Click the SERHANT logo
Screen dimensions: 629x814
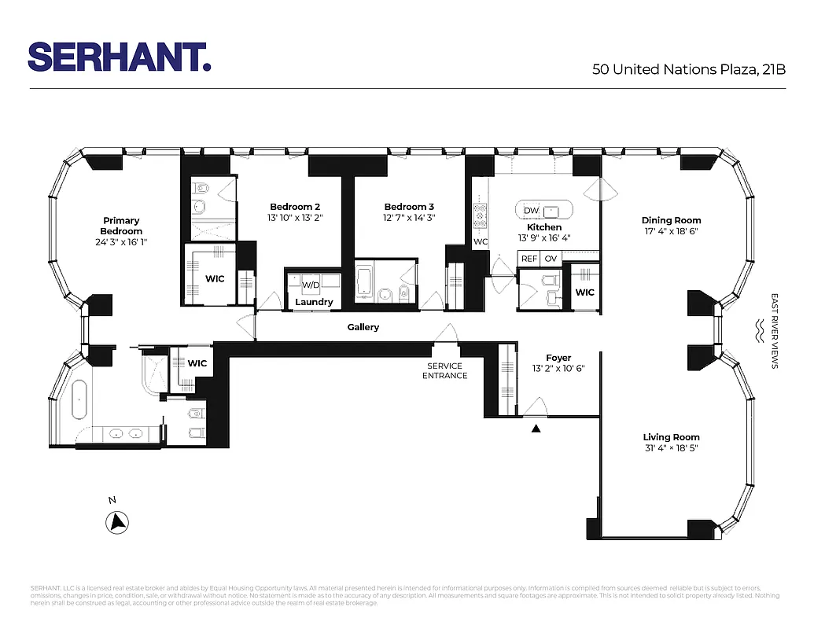(x=119, y=57)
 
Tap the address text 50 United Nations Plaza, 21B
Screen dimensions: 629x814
(x=689, y=69)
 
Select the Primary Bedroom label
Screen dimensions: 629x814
(x=121, y=226)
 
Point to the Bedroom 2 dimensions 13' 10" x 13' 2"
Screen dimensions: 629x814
(x=295, y=218)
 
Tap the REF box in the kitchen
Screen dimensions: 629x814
(x=529, y=259)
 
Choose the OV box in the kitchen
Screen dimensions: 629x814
(x=551, y=259)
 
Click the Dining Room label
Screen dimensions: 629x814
(x=671, y=221)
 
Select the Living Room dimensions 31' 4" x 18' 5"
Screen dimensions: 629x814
(x=671, y=448)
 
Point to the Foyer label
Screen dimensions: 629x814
(x=558, y=358)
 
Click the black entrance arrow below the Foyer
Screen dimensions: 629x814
(x=536, y=429)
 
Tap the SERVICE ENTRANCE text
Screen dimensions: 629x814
(x=445, y=370)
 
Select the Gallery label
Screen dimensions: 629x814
(x=363, y=327)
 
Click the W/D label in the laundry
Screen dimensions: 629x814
(x=310, y=285)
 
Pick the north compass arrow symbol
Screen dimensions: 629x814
(x=118, y=520)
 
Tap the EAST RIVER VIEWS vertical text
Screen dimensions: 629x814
(x=775, y=331)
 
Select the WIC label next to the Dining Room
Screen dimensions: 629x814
(x=584, y=292)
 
